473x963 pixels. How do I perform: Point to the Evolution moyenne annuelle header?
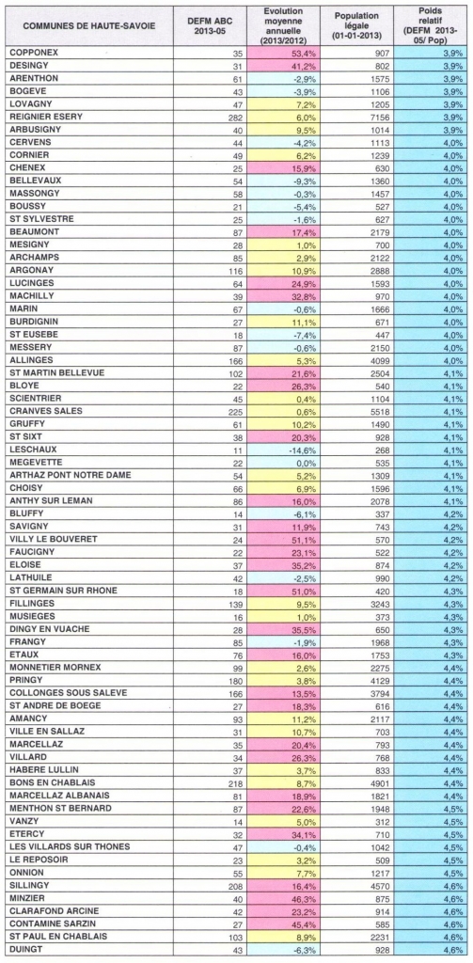tap(284, 24)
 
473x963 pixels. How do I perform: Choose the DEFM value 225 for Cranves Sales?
tap(237, 410)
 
